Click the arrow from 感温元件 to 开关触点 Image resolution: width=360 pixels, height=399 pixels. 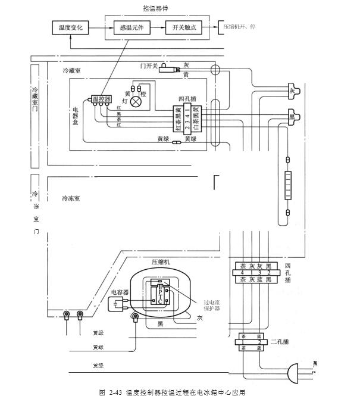click(156, 27)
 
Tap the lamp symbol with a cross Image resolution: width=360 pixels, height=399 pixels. click(137, 101)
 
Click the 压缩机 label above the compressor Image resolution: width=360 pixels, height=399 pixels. click(160, 262)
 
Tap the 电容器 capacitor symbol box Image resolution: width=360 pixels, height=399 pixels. click(115, 305)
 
